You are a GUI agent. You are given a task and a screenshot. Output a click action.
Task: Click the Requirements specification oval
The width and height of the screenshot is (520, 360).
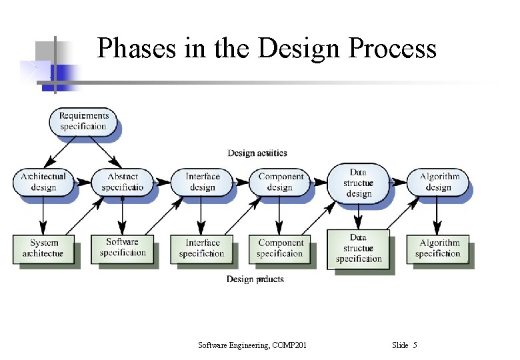tap(83, 121)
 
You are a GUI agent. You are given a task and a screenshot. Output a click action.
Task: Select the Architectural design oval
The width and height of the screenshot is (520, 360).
tap(43, 182)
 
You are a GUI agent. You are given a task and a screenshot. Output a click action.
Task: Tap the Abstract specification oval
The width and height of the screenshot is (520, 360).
tap(123, 182)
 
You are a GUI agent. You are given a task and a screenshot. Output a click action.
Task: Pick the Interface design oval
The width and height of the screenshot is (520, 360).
tap(202, 182)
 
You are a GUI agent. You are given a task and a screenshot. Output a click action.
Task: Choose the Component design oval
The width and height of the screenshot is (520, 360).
tap(281, 182)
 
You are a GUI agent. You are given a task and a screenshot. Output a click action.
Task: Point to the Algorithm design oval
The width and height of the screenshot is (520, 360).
tap(439, 182)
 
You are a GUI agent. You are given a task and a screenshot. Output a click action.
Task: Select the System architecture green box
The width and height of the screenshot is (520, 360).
tap(43, 248)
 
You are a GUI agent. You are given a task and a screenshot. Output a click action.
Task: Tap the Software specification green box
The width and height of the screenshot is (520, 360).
tap(123, 247)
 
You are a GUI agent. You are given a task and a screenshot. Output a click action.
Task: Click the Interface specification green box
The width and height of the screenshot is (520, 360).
tap(202, 248)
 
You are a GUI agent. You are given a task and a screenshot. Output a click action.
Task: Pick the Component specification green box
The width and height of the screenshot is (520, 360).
tap(281, 248)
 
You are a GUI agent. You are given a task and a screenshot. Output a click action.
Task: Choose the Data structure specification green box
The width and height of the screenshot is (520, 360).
tap(359, 248)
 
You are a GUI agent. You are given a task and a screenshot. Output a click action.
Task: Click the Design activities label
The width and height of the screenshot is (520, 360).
tap(257, 153)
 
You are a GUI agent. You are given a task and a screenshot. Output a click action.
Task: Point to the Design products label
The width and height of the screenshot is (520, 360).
tap(255, 279)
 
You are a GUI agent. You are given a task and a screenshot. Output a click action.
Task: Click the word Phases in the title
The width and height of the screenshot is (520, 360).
tap(137, 49)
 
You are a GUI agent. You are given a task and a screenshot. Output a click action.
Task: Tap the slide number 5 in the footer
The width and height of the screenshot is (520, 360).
tap(415, 345)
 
